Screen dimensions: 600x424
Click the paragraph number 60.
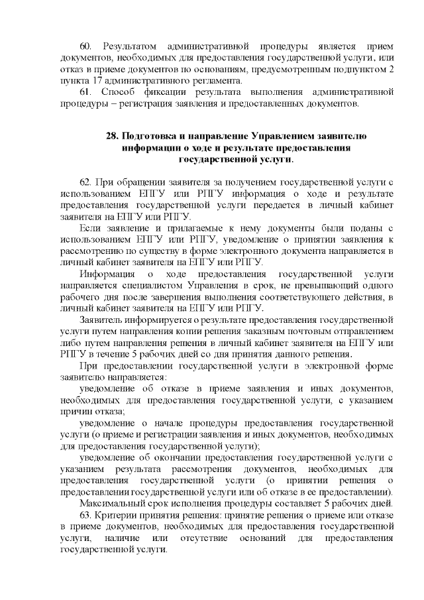coord(85,48)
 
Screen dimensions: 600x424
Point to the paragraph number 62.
coord(86,182)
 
